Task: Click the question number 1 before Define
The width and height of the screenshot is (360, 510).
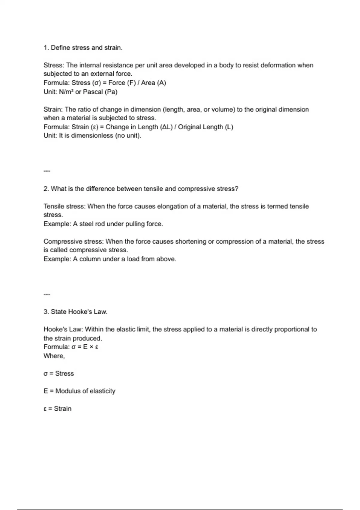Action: (x=45, y=48)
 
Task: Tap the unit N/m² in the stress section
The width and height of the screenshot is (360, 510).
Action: (x=66, y=92)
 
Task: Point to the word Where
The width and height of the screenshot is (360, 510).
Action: (x=54, y=356)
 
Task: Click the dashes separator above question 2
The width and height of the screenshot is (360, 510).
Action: (x=47, y=171)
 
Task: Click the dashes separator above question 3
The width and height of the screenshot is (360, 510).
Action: (x=47, y=294)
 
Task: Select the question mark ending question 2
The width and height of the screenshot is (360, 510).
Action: (x=237, y=189)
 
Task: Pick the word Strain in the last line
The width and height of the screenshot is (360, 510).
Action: (x=63, y=409)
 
